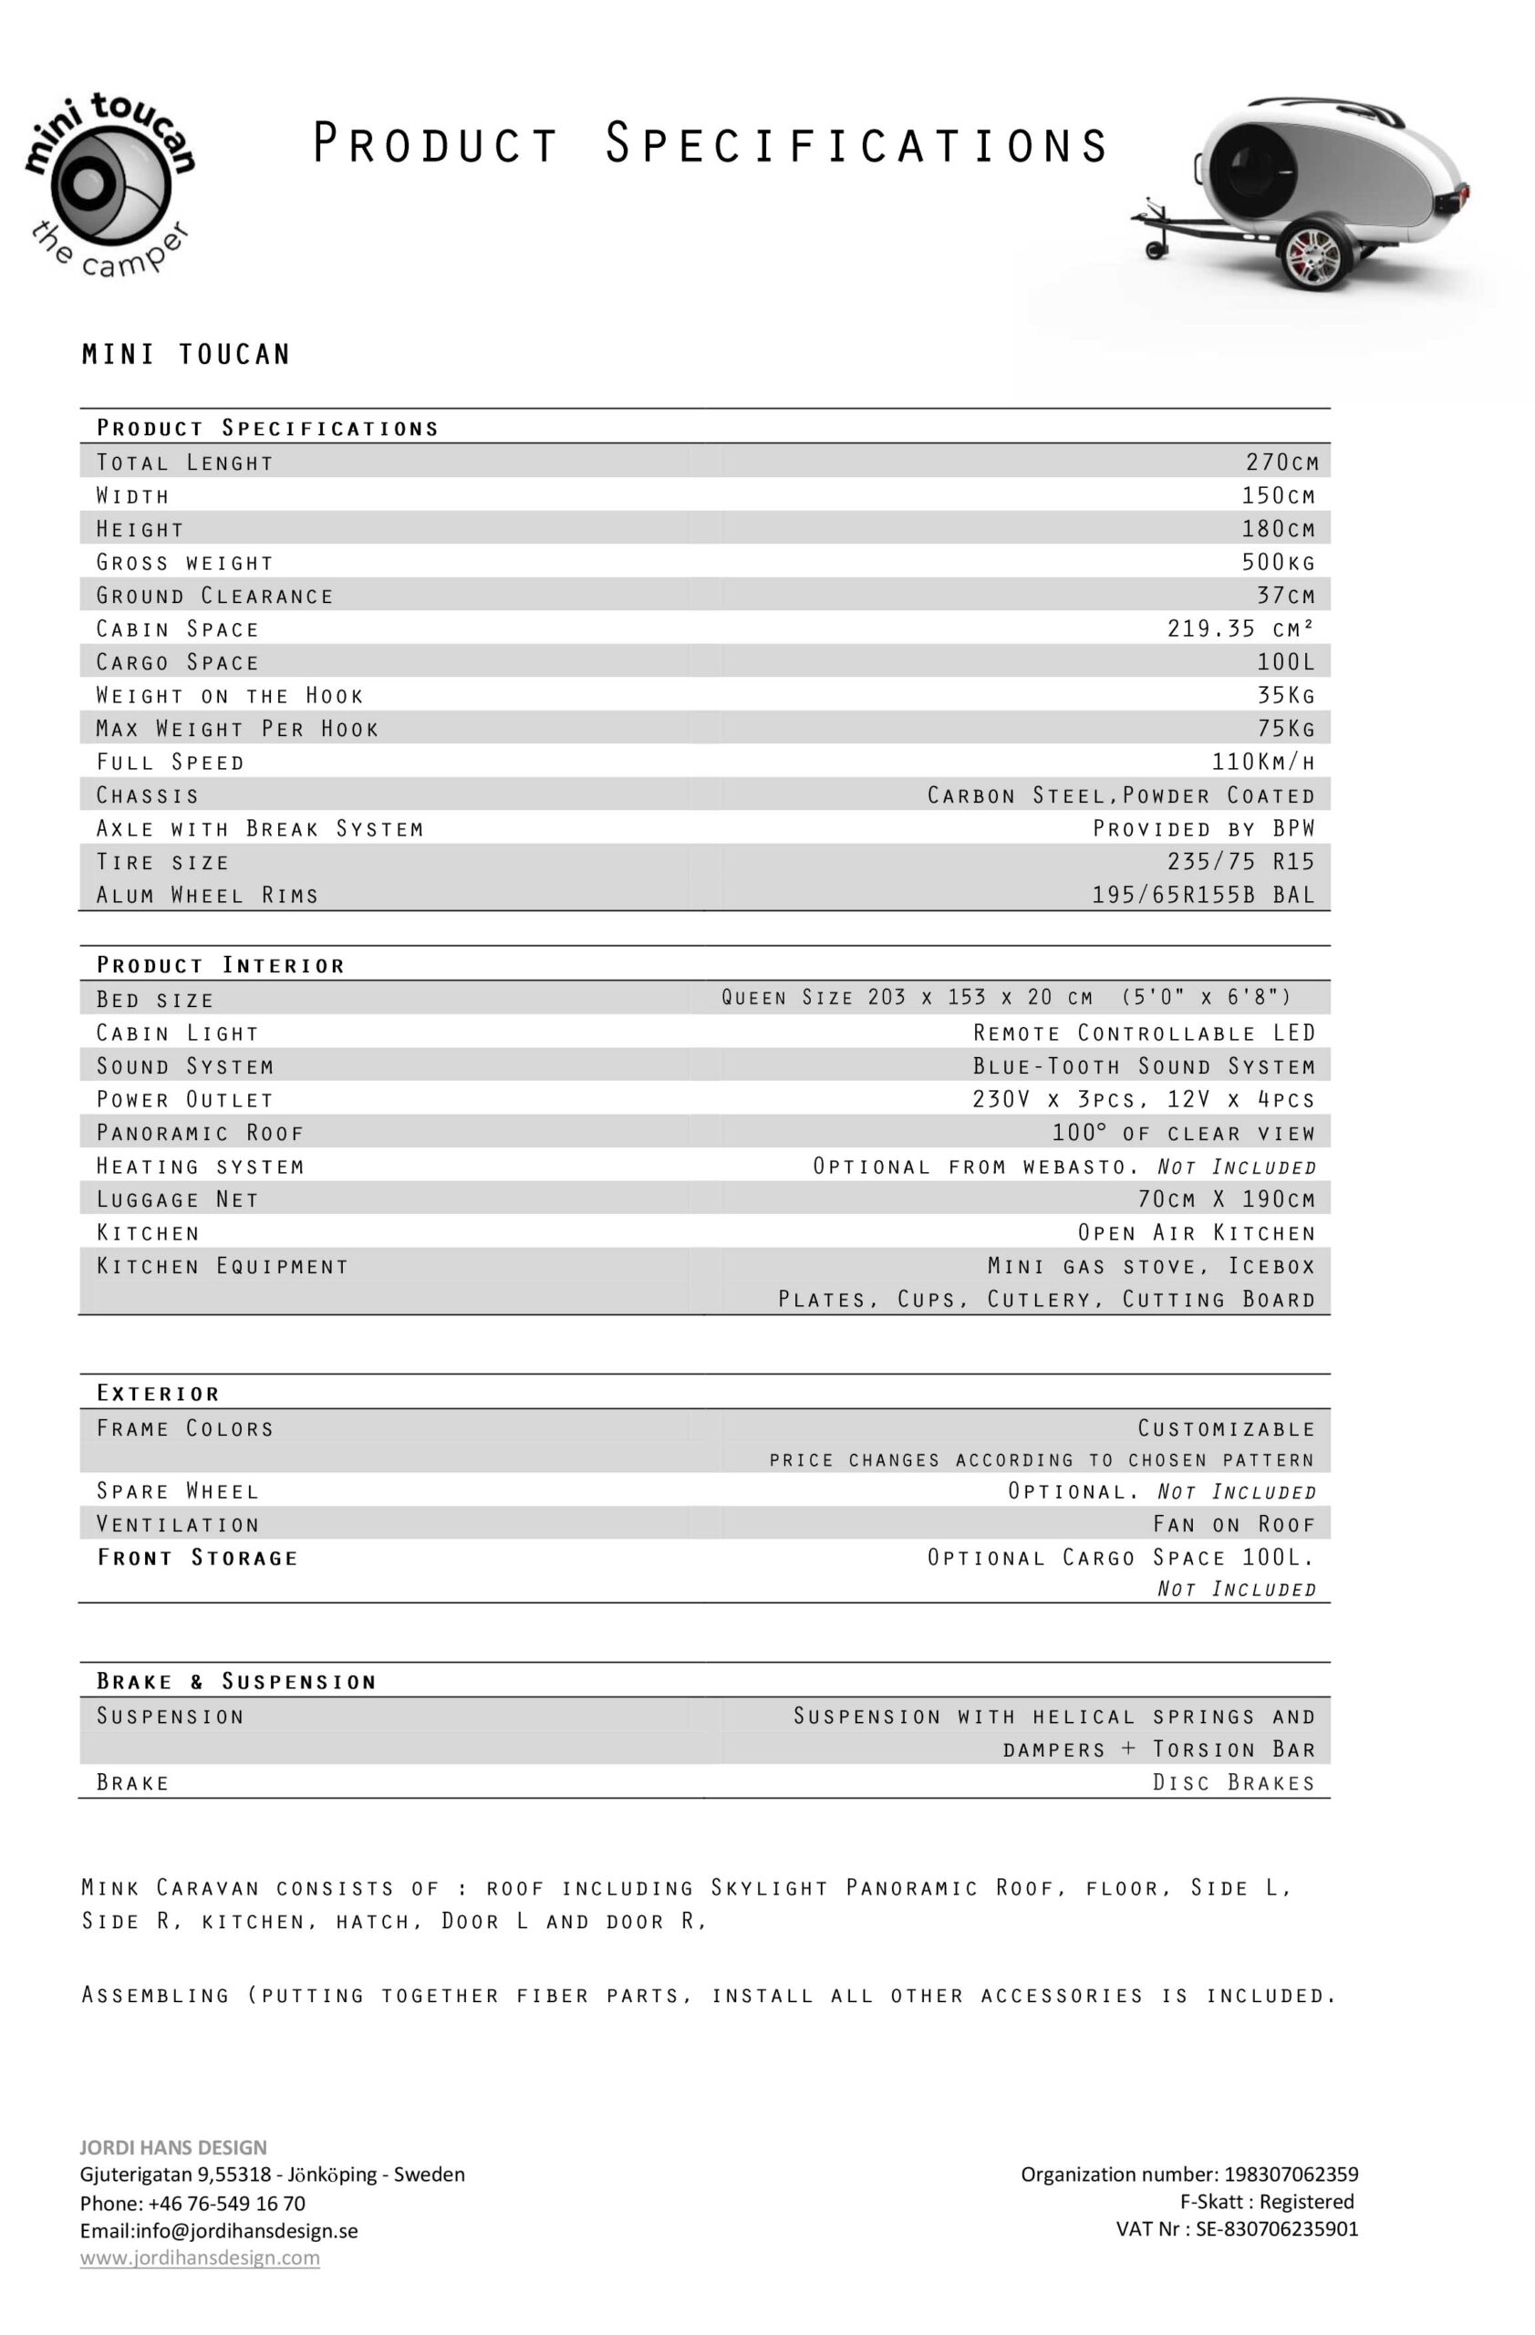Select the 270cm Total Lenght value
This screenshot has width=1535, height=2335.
1280,462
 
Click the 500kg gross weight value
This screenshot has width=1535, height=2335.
1277,562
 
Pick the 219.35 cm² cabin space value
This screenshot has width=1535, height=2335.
1239,628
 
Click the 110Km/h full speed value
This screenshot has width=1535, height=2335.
1262,762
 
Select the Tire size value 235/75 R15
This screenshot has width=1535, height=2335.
1239,861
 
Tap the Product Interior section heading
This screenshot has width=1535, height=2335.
221,965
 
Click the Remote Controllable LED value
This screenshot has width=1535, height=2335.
1144,1033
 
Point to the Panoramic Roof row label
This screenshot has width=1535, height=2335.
200,1133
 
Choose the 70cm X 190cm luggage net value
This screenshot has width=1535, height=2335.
1225,1199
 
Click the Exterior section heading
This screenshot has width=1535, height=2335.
158,1393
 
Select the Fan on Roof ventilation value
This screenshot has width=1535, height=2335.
1233,1525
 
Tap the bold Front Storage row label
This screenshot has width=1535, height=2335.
197,1558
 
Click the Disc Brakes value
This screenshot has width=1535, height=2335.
1233,1782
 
